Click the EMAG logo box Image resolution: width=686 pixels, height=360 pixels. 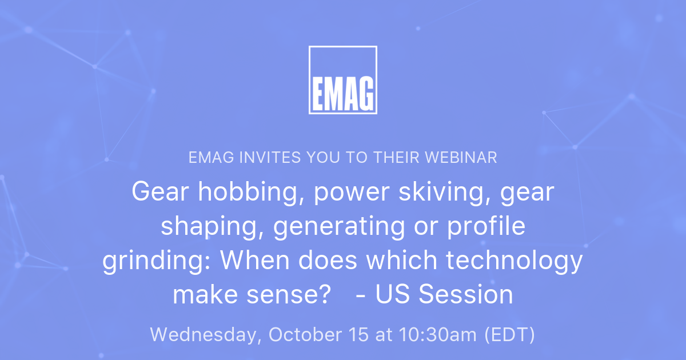[342, 80]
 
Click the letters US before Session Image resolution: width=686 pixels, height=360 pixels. [394, 295]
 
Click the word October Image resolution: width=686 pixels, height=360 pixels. [305, 335]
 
